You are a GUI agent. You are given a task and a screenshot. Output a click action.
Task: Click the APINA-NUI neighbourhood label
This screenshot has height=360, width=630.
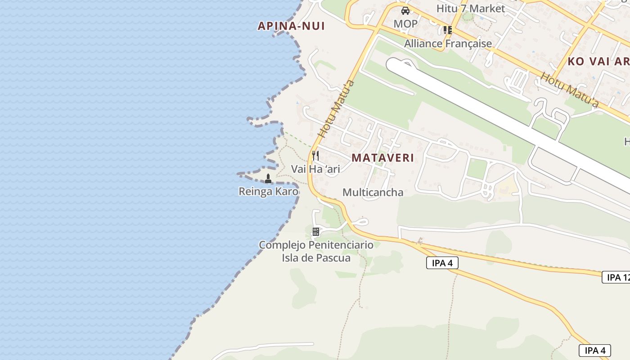coord(291,26)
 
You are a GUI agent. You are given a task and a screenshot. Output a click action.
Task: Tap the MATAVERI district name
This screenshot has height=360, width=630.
coord(382,158)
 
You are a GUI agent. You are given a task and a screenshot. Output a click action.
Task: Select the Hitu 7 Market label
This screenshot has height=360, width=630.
coord(471,8)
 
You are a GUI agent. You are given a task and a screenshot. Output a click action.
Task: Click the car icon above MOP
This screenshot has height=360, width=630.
coord(405,11)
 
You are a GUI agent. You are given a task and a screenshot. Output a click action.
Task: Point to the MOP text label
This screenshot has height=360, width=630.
coord(405,23)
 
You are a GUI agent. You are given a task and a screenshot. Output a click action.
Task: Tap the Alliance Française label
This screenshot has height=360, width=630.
coord(448,44)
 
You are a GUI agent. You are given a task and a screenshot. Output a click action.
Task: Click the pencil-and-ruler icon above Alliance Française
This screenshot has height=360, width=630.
coord(447,30)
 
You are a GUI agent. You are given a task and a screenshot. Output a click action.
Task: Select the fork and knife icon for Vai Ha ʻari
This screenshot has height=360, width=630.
coord(315,156)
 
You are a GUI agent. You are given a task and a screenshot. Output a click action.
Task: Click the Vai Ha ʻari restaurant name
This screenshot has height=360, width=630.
coord(315,169)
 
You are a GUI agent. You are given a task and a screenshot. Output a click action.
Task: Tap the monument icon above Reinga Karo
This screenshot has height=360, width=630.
coord(268,179)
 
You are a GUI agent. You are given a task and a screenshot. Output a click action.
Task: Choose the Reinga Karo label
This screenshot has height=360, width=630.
coord(268,192)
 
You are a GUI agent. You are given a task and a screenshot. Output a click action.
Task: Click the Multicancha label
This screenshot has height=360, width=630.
coord(373,193)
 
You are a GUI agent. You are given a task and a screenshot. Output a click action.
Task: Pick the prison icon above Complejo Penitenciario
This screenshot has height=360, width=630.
coord(316,232)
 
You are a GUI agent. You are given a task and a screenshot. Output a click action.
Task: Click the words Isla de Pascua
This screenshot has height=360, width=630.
coord(316,258)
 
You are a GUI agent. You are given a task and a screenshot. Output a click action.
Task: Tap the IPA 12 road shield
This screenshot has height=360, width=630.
coord(616,277)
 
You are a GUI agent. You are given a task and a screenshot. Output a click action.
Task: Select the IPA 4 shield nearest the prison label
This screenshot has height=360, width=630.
coord(442,263)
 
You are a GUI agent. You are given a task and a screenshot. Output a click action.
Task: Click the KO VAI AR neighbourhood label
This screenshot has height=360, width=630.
coord(598,62)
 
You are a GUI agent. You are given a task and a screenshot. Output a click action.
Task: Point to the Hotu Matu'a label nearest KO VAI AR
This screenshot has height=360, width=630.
coord(569,90)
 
